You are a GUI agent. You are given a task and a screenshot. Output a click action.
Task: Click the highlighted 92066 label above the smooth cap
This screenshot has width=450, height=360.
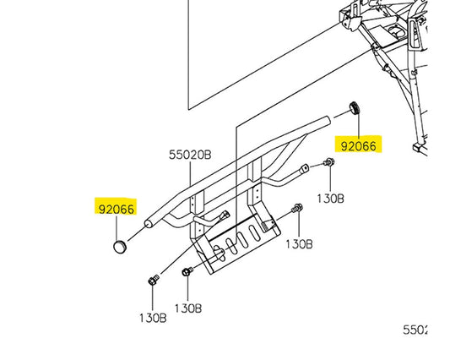point(117,209)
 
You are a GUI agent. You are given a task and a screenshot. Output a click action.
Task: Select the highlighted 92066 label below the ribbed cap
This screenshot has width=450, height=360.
point(359,146)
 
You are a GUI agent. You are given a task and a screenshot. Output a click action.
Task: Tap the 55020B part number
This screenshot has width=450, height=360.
point(190,155)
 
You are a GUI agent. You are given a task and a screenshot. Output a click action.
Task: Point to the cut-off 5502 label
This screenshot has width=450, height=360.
point(415,330)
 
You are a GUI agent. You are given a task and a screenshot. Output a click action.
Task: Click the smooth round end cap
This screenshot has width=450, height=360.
point(120,247)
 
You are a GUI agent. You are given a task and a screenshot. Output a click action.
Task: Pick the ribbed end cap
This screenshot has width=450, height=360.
point(355,108)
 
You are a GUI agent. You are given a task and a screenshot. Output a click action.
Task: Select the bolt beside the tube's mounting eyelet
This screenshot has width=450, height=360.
point(328,162)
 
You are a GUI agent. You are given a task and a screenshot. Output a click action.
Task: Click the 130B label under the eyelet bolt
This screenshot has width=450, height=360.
point(330,199)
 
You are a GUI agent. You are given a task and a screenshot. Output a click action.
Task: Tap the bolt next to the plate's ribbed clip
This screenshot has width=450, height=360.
point(297,208)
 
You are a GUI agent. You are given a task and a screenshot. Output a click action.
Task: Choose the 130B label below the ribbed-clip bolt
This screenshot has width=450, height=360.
point(299,244)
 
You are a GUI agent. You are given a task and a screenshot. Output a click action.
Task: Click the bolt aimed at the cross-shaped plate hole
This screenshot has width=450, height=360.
point(187,271)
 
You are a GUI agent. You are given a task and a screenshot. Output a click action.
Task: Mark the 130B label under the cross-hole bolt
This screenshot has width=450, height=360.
point(188,308)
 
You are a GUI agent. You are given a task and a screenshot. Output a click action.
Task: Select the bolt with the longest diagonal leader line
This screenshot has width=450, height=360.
point(154,280)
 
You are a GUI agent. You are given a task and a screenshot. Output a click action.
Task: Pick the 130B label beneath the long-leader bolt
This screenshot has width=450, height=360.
point(153,318)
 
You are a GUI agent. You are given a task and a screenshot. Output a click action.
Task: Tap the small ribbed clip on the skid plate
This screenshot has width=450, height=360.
point(267,226)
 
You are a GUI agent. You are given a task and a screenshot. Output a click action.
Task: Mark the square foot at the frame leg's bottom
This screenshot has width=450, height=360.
point(419,149)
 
